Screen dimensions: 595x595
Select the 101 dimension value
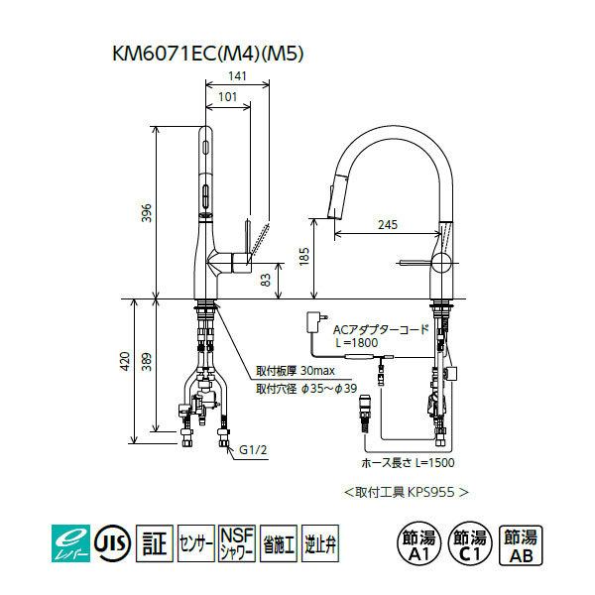pos(228,97)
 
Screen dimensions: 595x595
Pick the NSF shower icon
pos(237,542)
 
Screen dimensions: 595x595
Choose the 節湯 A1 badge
pos(414,543)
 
